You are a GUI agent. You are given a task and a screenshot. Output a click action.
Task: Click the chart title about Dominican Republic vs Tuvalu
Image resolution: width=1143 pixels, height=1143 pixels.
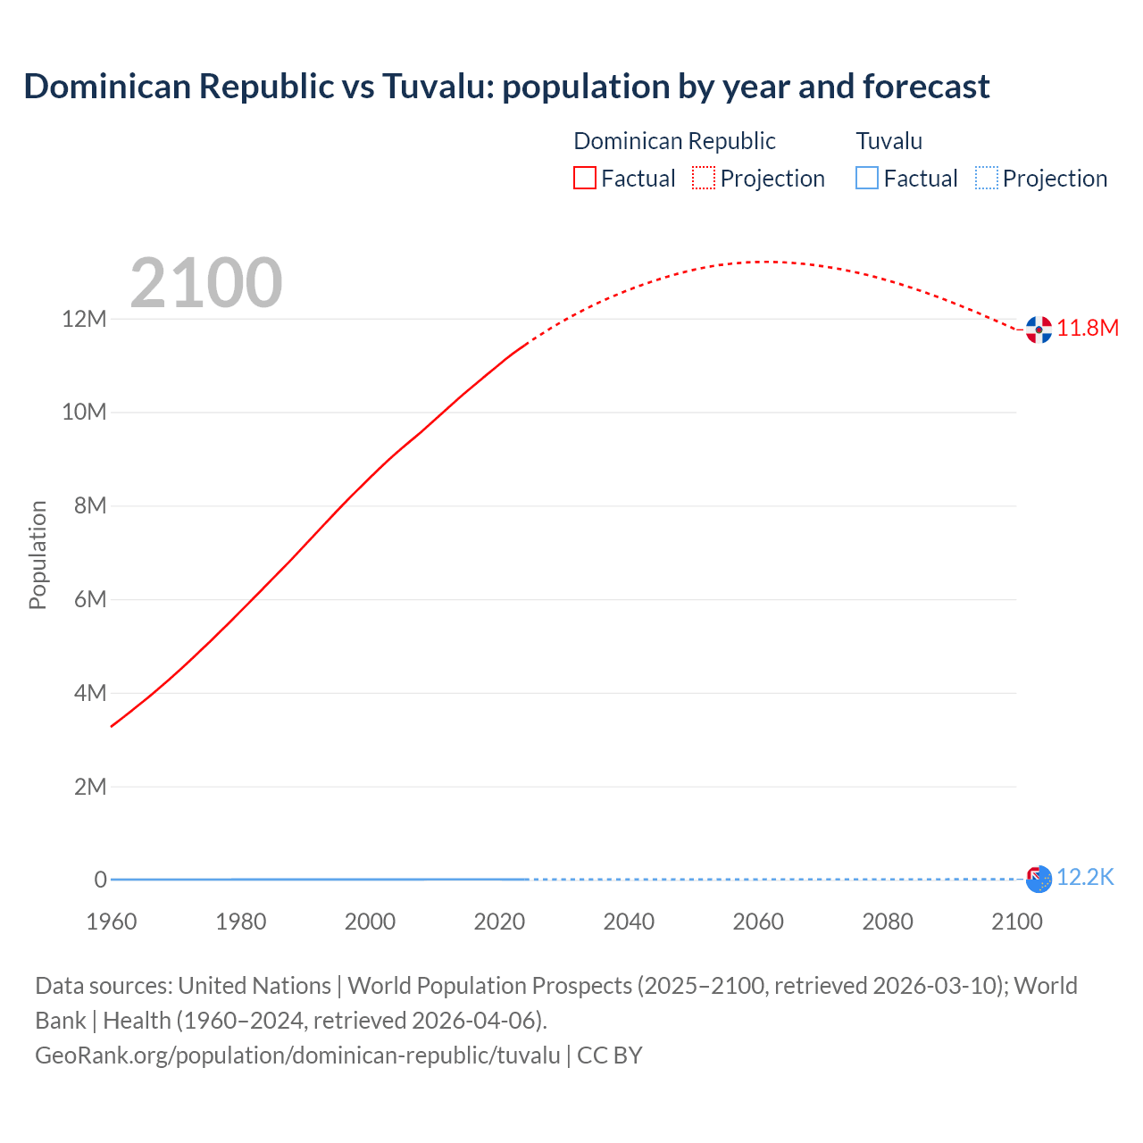pos(506,87)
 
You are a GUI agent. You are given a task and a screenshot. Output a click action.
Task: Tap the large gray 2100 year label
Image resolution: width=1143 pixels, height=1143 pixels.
pos(206,283)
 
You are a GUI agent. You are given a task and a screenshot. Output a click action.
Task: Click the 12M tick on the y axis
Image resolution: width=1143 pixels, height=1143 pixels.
pos(84,319)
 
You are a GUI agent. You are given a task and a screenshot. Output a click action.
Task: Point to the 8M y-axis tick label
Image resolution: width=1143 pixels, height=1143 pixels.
pos(90,505)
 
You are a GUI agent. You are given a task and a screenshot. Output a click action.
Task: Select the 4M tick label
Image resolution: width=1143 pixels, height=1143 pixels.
pos(90,693)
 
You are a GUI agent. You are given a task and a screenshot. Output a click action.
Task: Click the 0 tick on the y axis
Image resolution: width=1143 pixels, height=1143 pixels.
pos(100,880)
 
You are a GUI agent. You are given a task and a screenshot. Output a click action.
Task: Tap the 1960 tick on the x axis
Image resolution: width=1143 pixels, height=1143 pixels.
pos(112,922)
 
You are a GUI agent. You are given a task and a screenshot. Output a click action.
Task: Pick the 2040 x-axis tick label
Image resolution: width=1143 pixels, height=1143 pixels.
pos(629,922)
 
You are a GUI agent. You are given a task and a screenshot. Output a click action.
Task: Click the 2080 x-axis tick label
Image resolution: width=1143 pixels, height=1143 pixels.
pos(888,922)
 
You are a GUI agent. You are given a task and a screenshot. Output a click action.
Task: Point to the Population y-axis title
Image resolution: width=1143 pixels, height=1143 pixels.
pos(38,555)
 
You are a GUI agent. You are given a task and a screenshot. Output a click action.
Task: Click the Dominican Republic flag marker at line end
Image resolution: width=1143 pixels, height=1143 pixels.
pos(1039,330)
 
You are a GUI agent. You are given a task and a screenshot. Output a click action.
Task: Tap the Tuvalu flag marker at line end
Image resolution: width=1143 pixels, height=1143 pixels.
pos(1039,879)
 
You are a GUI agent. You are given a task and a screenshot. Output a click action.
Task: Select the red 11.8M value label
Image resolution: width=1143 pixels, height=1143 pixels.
pos(1088,328)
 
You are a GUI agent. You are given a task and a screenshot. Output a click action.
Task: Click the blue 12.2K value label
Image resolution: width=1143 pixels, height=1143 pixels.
pos(1085,877)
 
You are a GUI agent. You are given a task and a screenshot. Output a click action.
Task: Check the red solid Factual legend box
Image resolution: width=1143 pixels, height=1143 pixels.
pos(585,178)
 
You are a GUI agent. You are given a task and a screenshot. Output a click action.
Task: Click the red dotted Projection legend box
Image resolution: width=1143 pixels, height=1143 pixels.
pos(704,178)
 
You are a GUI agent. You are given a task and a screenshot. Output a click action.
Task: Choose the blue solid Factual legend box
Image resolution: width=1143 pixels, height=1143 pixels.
pos(867,178)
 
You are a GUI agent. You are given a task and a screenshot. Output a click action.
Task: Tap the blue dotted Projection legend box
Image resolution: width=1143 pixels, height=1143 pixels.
pos(987,178)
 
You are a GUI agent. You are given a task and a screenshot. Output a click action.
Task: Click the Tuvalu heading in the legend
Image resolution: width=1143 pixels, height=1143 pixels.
pos(889,141)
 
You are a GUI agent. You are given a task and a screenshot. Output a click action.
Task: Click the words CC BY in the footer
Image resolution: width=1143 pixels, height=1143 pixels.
pos(610,1055)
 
